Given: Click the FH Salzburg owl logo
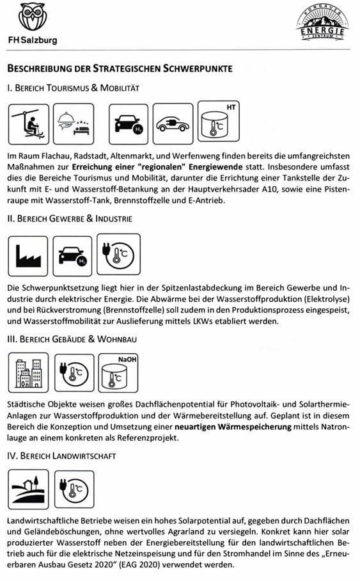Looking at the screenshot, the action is pyautogui.click(x=33, y=17).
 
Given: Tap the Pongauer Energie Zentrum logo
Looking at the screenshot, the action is pyautogui.click(x=322, y=23).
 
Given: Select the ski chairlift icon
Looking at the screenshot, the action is pyautogui.click(x=29, y=124).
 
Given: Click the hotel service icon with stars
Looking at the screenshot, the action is pyautogui.click(x=74, y=124).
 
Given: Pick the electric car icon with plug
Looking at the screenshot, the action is pyautogui.click(x=173, y=124).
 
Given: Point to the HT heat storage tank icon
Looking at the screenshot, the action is pyautogui.click(x=219, y=122).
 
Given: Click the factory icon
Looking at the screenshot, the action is pyautogui.click(x=27, y=256).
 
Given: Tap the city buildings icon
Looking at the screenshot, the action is pyautogui.click(x=28, y=373).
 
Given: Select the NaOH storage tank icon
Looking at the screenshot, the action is pyautogui.click(x=118, y=373).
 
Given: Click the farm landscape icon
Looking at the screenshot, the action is pyautogui.click(x=28, y=489).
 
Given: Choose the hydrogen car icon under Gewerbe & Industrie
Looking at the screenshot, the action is pyautogui.click(x=72, y=256).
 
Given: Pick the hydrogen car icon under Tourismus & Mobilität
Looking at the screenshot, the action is pyautogui.click(x=129, y=124).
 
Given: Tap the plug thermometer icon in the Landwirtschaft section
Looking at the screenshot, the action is pyautogui.click(x=74, y=489).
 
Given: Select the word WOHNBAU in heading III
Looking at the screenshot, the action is pyautogui.click(x=117, y=339).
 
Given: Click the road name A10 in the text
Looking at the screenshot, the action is pyautogui.click(x=270, y=189).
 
